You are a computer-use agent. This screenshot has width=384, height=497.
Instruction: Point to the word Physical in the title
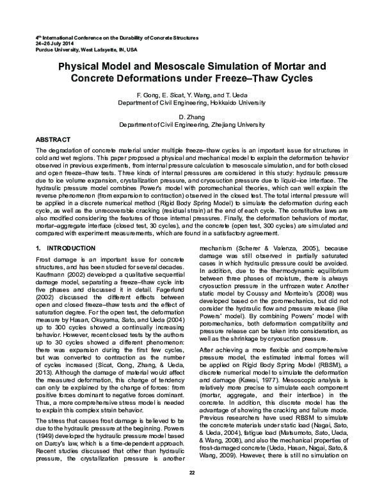pos(84,67)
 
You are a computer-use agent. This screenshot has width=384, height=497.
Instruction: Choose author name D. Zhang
pos(191,117)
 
